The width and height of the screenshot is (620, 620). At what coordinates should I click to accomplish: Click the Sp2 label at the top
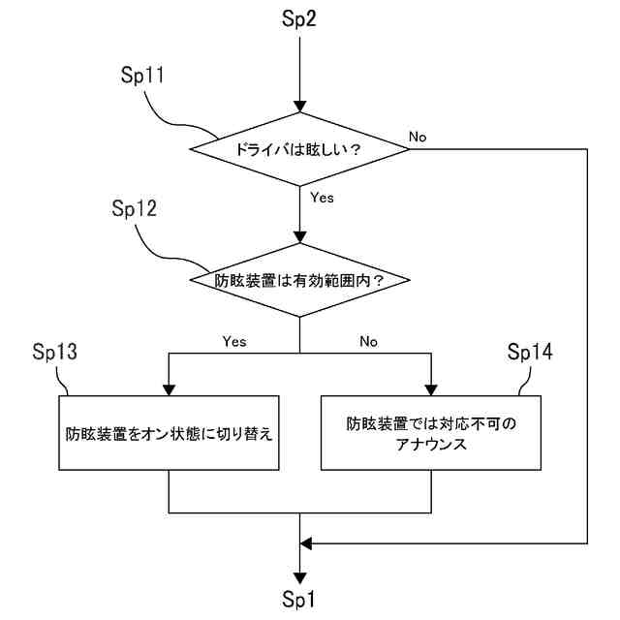299,18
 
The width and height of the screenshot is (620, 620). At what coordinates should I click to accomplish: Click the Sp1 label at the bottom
299,600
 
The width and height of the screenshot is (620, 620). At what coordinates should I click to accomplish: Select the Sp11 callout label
142,75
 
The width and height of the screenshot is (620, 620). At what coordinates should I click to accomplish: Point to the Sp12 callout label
134,208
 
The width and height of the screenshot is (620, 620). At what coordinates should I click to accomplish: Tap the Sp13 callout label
54,351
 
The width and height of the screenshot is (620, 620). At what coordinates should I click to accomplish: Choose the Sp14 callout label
530,351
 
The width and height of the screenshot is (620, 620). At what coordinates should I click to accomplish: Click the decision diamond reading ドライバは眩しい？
299,149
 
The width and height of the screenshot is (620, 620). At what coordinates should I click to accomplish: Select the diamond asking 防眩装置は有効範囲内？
299,280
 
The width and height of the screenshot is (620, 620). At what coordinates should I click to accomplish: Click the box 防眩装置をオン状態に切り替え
169,433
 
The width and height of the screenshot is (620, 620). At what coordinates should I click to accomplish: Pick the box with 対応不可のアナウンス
431,433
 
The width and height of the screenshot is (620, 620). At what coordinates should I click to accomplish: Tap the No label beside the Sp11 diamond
418,137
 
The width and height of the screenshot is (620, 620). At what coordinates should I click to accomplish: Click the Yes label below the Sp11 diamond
322,198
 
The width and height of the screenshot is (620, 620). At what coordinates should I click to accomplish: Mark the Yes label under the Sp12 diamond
234,341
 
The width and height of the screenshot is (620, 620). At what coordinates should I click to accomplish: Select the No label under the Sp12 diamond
368,341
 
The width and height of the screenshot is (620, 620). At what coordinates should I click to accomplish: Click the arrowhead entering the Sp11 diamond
299,107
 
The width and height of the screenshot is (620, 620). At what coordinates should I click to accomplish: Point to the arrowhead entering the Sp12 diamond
299,237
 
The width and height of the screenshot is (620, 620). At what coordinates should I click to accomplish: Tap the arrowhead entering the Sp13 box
169,389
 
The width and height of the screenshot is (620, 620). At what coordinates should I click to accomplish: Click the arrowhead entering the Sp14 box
431,389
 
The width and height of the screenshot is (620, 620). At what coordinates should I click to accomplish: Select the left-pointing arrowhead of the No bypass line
306,543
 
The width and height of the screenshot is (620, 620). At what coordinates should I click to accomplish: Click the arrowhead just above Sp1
299,578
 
